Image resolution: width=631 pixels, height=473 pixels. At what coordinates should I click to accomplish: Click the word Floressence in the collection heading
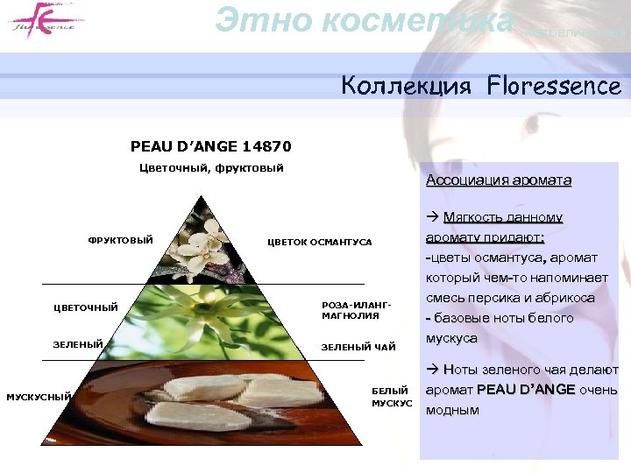click(x=555, y=86)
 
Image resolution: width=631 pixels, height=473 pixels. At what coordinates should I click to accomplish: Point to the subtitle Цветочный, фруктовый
click(x=211, y=168)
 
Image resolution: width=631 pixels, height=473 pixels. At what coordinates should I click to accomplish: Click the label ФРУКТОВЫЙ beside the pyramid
click(x=120, y=241)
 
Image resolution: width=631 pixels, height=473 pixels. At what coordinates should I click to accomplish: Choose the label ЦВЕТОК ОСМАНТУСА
click(x=320, y=242)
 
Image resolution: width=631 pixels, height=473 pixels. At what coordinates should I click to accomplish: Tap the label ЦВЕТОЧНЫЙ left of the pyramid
click(x=86, y=307)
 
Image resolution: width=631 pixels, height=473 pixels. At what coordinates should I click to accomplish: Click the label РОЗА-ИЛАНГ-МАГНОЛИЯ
click(x=356, y=310)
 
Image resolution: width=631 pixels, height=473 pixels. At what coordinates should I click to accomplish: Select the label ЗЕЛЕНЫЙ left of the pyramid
click(x=79, y=344)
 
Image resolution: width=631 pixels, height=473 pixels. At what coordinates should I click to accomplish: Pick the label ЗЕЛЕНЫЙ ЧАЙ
click(x=358, y=348)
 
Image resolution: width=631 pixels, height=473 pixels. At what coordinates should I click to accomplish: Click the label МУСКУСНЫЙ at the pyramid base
click(x=39, y=397)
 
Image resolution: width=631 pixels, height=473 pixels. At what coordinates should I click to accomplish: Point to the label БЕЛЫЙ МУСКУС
click(x=391, y=397)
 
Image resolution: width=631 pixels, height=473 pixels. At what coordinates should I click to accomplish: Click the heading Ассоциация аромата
click(x=498, y=180)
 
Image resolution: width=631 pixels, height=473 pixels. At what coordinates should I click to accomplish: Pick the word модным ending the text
click(x=452, y=409)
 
